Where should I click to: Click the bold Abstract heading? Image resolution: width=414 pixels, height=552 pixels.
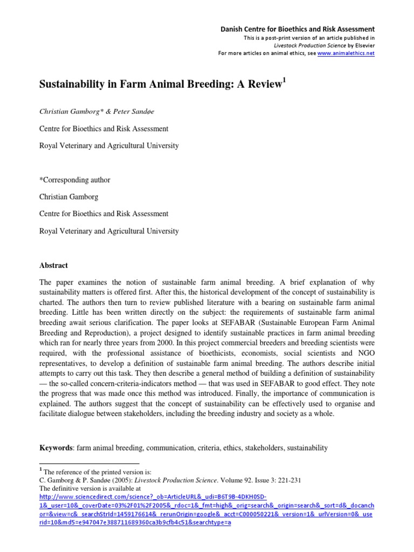tap(54, 265)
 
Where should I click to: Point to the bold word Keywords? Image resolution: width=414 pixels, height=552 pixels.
tap(57, 447)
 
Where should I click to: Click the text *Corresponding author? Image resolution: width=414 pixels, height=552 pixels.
tap(75, 180)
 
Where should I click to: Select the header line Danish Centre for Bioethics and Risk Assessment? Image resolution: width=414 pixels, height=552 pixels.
tap(298, 29)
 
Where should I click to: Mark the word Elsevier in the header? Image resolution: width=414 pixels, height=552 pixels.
tap(361, 46)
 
